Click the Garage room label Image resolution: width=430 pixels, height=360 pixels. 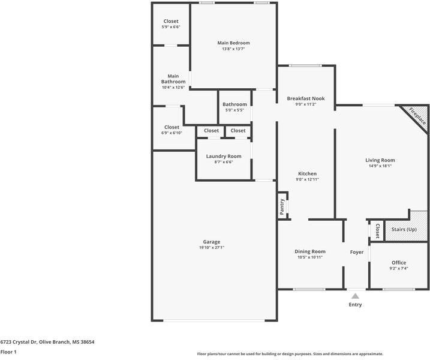[x=212, y=242]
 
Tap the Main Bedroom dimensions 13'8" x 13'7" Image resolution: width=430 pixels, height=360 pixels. [x=233, y=49]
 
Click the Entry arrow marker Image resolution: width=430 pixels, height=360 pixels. [x=355, y=296]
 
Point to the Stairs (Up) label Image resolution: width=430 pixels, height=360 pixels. [x=404, y=230]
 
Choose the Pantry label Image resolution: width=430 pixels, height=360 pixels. [x=282, y=206]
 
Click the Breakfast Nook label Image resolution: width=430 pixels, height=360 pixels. [x=305, y=98]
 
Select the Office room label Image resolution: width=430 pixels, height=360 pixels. [x=399, y=263]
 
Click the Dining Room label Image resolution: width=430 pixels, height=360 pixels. [x=309, y=251]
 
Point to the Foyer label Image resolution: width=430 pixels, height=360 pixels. [x=357, y=252]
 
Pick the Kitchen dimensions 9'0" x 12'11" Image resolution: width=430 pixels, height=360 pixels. [x=307, y=179]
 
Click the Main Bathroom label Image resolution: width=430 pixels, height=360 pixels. [x=173, y=79]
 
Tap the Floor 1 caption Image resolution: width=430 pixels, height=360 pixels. [x=8, y=352]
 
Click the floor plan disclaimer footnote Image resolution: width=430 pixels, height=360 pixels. [x=290, y=354]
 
